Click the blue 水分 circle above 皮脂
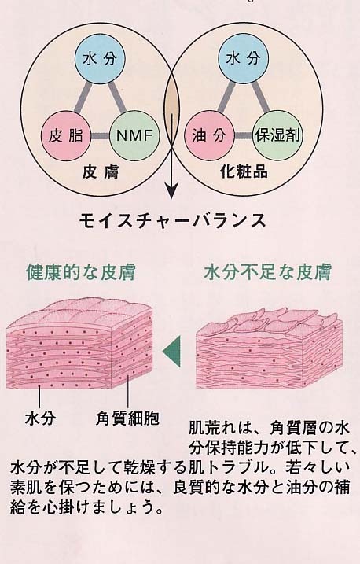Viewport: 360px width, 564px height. [100, 59]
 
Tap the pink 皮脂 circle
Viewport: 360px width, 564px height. [66, 135]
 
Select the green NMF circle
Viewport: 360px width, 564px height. [134, 135]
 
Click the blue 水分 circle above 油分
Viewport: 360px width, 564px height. [243, 59]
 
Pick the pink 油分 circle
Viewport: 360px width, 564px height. [209, 135]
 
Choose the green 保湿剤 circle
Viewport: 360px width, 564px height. [277, 135]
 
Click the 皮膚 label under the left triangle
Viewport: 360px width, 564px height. [101, 172]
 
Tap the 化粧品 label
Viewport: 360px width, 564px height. [244, 172]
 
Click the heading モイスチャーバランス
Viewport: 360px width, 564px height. [172, 220]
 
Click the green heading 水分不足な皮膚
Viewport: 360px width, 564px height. [267, 272]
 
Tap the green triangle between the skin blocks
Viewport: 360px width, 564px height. [171, 352]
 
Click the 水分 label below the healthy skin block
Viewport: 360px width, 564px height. [40, 418]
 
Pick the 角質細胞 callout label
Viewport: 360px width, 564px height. [127, 418]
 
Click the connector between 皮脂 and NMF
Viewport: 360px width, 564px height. [101, 136]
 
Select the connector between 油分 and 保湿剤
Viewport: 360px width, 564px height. [244, 136]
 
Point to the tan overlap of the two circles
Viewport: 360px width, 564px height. [171, 109]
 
